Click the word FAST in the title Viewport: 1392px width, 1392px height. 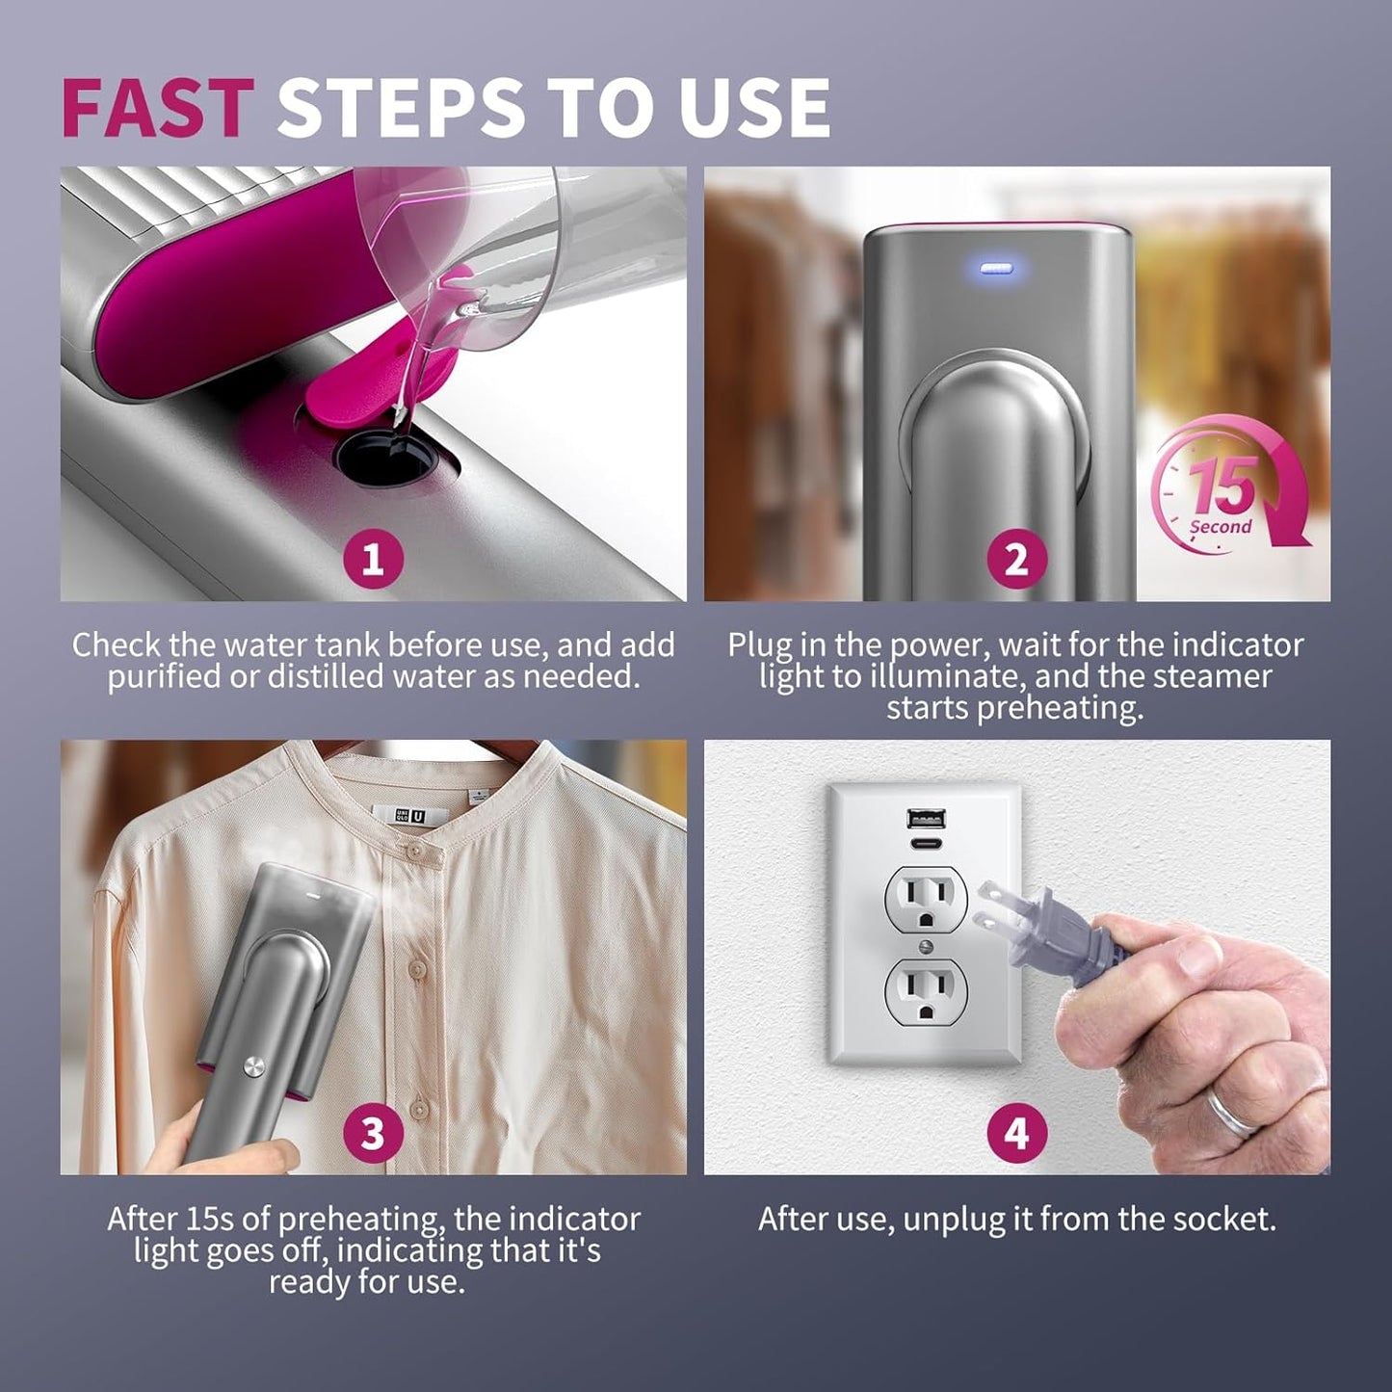(x=158, y=106)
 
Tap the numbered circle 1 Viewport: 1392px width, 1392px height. (x=373, y=559)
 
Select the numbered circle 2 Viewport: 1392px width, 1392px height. (x=1016, y=559)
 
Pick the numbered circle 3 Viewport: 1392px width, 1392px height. (x=373, y=1133)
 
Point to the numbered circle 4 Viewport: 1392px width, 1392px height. (x=1016, y=1133)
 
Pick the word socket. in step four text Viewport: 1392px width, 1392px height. (x=1223, y=1220)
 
